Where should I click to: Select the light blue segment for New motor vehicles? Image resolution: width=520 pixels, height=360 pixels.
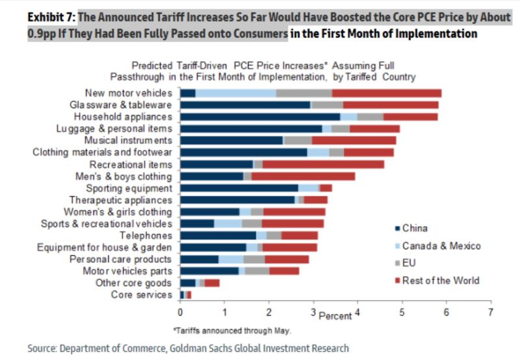coord(235,93)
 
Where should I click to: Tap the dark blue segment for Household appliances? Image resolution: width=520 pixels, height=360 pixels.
coord(260,116)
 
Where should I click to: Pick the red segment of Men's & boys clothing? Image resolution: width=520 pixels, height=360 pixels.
coord(303,176)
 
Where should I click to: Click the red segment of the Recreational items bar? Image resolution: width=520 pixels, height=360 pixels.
coord(323,164)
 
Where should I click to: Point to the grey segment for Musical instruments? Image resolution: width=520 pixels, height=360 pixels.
coord(298,140)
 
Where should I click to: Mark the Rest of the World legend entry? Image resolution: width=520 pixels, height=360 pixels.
coord(441,281)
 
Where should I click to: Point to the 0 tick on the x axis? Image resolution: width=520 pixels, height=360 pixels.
coord(180,311)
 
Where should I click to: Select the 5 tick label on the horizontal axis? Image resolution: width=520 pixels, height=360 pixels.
coord(402,311)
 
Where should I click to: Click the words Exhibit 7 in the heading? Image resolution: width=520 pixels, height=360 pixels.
coord(50,17)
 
